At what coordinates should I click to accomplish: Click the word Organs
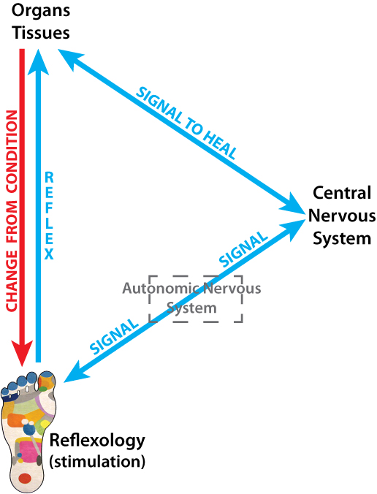pos(41,12)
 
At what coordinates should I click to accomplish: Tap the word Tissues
pos(41,33)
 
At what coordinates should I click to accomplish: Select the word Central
pos(342,193)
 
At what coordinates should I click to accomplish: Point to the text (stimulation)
pos(97,462)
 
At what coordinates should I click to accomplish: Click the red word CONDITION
pos(12,151)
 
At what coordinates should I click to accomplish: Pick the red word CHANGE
pos(12,281)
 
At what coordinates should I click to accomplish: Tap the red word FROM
pos(12,222)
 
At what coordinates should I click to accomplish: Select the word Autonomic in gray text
pos(161,288)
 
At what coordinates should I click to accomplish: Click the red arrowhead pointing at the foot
pos(22,353)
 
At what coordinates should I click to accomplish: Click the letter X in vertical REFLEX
pos(49,254)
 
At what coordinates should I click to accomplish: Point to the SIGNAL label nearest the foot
pos(114,336)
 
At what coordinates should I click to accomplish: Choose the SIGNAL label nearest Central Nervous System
pos(243,250)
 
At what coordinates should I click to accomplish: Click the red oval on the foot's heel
pos(24,478)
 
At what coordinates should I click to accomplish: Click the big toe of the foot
pos(47,380)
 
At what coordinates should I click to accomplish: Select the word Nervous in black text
pos(342,216)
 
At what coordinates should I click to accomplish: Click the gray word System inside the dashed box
pos(191,308)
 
